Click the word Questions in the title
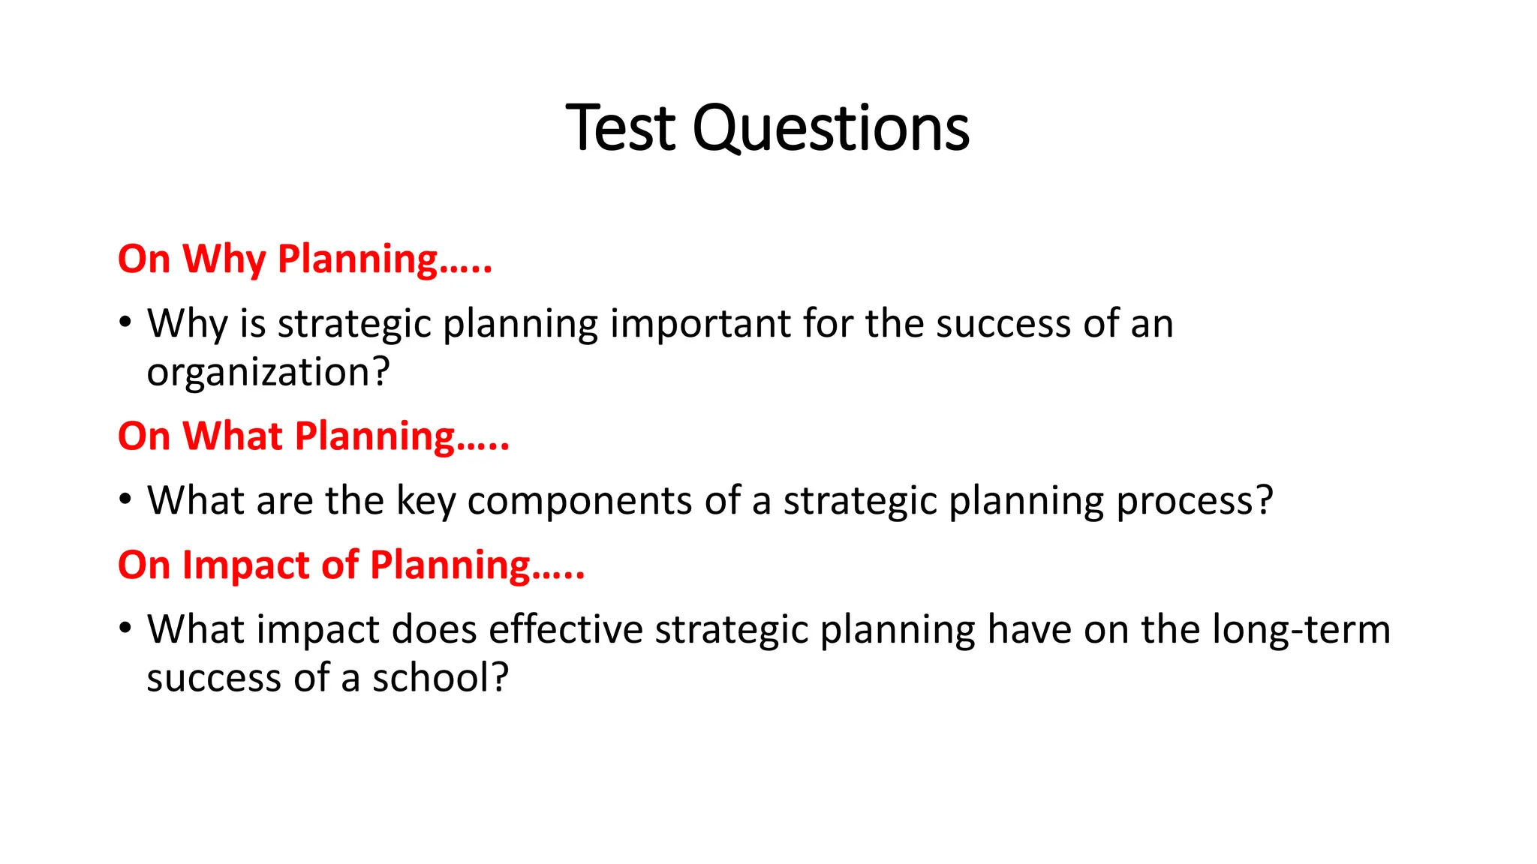pyautogui.click(x=831, y=130)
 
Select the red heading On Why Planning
pyautogui.click(x=305, y=259)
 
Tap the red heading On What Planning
pyautogui.click(x=314, y=436)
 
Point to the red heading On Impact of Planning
pyautogui.click(x=351, y=565)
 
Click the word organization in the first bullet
pyautogui.click(x=268, y=373)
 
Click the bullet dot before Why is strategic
pyautogui.click(x=125, y=323)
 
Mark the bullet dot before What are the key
pyautogui.click(x=125, y=499)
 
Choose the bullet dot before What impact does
pyautogui.click(x=125, y=628)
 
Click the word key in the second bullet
pyautogui.click(x=426, y=501)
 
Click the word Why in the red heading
pyautogui.click(x=224, y=259)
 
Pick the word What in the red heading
pyautogui.click(x=232, y=436)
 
